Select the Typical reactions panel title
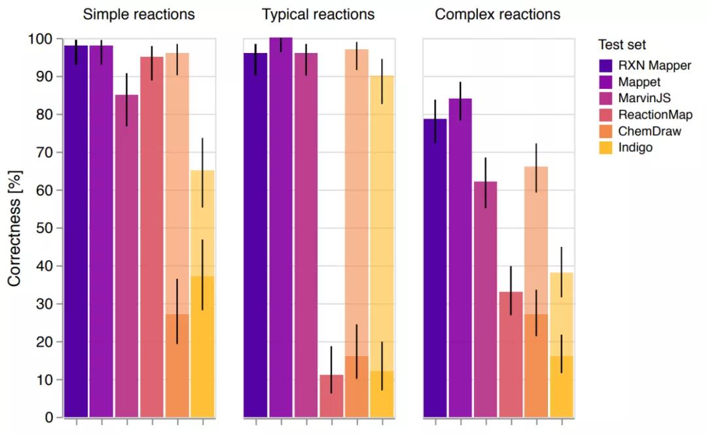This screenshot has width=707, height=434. pyautogui.click(x=318, y=14)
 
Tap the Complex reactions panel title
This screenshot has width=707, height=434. pyautogui.click(x=498, y=14)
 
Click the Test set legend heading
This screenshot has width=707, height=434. pyautogui.click(x=622, y=45)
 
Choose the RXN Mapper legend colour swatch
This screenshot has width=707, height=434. pyautogui.click(x=608, y=65)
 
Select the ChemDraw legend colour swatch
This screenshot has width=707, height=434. pyautogui.click(x=608, y=132)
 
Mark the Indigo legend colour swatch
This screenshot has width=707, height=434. pyautogui.click(x=608, y=148)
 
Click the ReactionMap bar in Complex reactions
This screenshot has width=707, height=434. pyautogui.click(x=511, y=354)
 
